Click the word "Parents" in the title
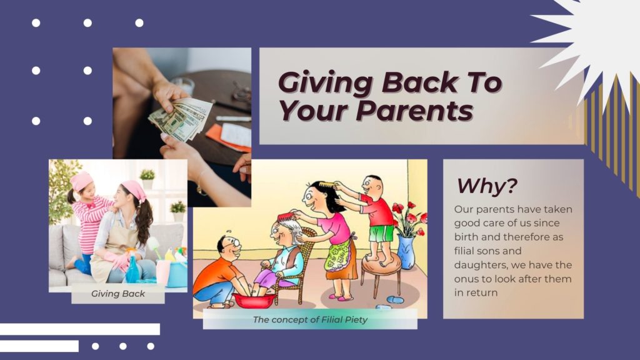pyautogui.click(x=415, y=110)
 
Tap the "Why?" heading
pyautogui.click(x=486, y=186)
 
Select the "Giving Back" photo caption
pyautogui.click(x=118, y=294)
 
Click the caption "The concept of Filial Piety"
pyautogui.click(x=310, y=319)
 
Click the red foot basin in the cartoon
pyautogui.click(x=254, y=300)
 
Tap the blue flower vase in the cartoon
pyautogui.click(x=406, y=252)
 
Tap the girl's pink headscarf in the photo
pyautogui.click(x=81, y=181)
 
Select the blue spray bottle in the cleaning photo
pyautogui.click(x=132, y=269)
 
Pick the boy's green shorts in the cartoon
pyautogui.click(x=381, y=234)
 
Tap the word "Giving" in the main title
pyautogui.click(x=325, y=83)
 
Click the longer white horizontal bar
pyautogui.click(x=80, y=329)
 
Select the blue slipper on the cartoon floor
pyautogui.click(x=395, y=300)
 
